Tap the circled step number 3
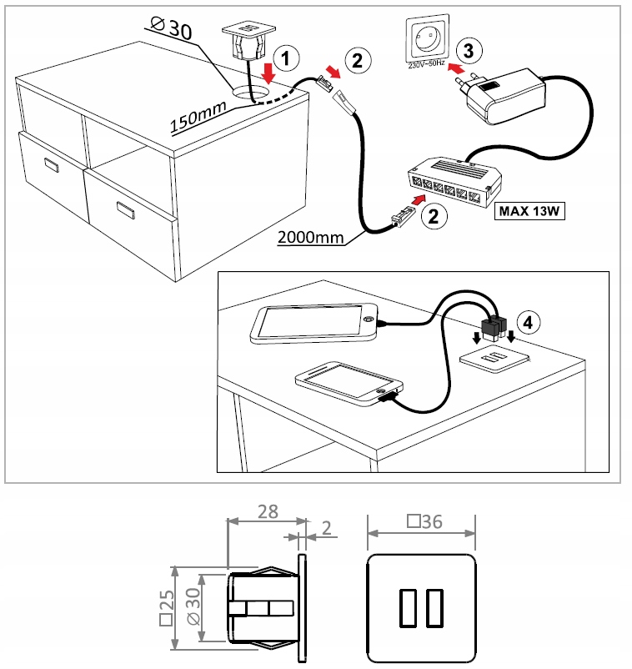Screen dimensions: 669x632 point(469,50)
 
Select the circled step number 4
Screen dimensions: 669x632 point(527,320)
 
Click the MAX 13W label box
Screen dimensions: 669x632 point(530,210)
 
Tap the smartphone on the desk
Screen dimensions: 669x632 point(349,384)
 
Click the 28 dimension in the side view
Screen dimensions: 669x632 point(267,512)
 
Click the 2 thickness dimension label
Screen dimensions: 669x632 point(326,526)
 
